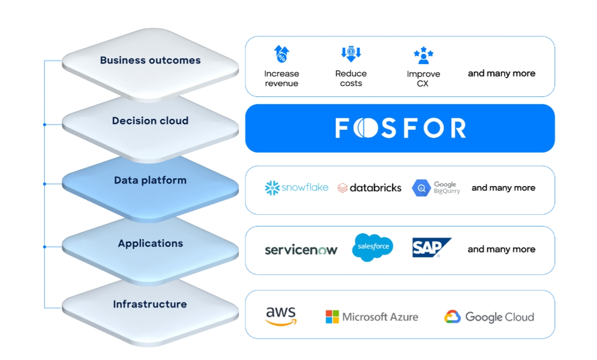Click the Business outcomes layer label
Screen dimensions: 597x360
pyautogui.click(x=150, y=60)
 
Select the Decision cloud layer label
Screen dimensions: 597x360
pyautogui.click(x=150, y=121)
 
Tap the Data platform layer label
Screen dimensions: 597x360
pyautogui.click(x=150, y=180)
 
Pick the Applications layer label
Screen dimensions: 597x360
pyautogui.click(x=151, y=243)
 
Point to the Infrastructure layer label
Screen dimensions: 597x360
pyautogui.click(x=150, y=304)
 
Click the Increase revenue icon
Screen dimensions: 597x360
pyautogui.click(x=282, y=54)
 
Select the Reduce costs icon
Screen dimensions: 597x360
pyautogui.click(x=351, y=54)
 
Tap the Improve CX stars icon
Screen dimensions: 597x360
pyautogui.click(x=424, y=55)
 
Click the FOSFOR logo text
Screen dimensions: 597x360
pyautogui.click(x=400, y=128)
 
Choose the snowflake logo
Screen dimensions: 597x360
pyautogui.click(x=296, y=188)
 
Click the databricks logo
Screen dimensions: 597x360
pyautogui.click(x=369, y=188)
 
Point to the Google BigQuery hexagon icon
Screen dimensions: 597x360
pyautogui.click(x=421, y=188)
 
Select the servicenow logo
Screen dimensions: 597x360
pyautogui.click(x=301, y=250)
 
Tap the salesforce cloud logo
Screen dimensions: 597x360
pyautogui.click(x=373, y=247)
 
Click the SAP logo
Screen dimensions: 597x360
pyautogui.click(x=432, y=247)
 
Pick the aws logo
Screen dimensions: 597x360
pyautogui.click(x=281, y=316)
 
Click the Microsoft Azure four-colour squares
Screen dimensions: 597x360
pyautogui.click(x=332, y=317)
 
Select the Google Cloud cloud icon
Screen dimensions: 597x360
pyautogui.click(x=452, y=317)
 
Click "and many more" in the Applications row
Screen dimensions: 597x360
pyautogui.click(x=502, y=249)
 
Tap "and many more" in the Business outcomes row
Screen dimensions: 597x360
pyautogui.click(x=502, y=73)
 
